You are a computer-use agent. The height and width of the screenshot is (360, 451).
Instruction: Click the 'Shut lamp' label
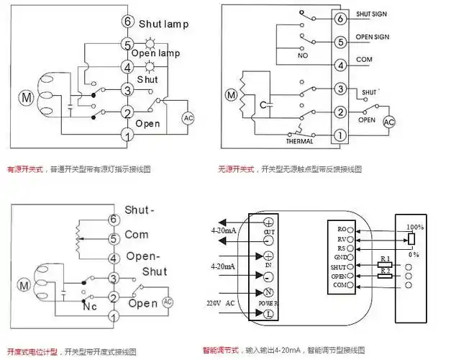[163, 24]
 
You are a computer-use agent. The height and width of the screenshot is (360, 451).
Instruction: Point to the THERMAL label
[299, 141]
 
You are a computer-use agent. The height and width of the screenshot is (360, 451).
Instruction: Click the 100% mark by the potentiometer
[415, 227]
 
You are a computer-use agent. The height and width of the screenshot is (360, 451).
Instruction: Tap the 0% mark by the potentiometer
[413, 254]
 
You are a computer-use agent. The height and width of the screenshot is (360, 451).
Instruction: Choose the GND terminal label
[341, 257]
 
